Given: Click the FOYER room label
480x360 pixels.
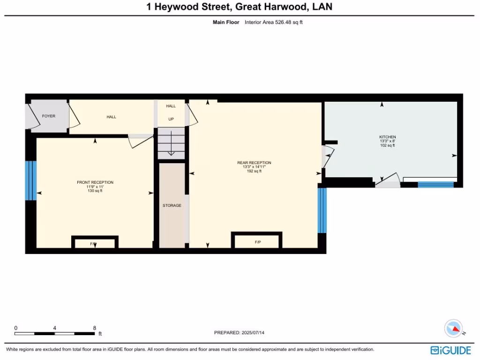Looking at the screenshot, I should [x=48, y=116].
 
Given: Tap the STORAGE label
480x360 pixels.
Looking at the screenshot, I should [x=172, y=205].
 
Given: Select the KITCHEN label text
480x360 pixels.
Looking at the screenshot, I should [x=387, y=137].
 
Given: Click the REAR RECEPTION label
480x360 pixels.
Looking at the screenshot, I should [x=254, y=163].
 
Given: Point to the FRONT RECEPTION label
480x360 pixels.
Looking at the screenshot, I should [x=95, y=182].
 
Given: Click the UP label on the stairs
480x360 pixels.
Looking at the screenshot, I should [x=171, y=119].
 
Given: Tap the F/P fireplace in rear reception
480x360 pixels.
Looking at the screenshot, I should [x=257, y=242].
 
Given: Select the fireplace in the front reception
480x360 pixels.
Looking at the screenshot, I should [x=94, y=243].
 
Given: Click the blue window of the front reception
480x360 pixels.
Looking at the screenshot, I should [x=31, y=180].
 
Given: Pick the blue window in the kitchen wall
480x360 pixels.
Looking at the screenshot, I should [x=435, y=184].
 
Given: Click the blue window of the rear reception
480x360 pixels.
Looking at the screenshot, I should [x=322, y=210].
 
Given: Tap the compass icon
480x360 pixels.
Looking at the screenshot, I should [x=454, y=328].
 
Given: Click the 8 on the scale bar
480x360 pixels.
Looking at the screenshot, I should [x=95, y=328].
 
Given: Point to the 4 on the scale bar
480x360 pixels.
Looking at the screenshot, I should [x=55, y=328].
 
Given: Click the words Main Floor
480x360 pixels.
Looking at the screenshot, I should [x=226, y=22].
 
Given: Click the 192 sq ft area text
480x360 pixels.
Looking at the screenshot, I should [x=254, y=171].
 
